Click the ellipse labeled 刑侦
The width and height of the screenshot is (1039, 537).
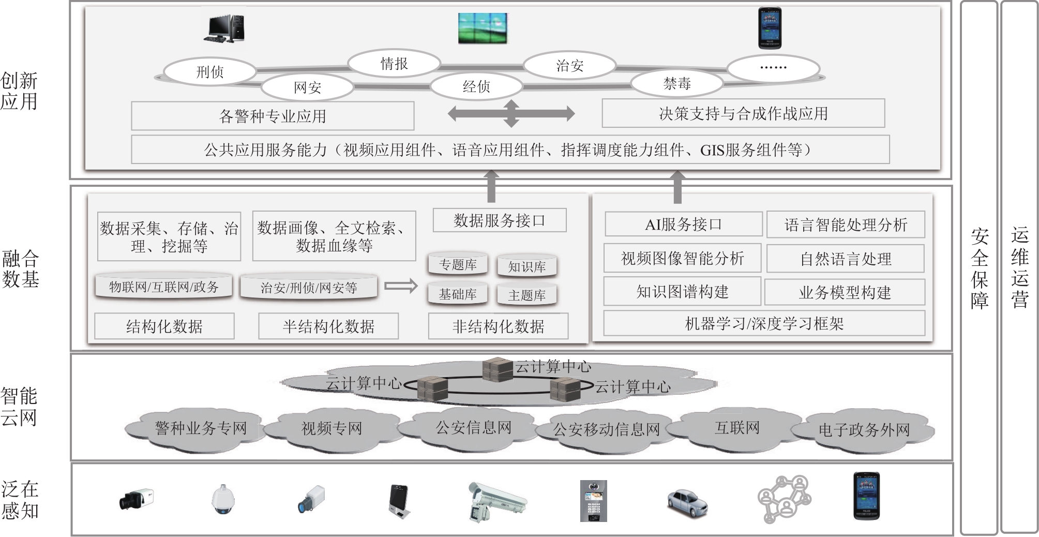(209, 72)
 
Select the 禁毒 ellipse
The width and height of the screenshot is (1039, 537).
(676, 83)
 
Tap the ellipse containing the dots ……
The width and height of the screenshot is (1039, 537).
(773, 68)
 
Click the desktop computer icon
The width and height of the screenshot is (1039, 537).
(224, 28)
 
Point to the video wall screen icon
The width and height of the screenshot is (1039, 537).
(483, 28)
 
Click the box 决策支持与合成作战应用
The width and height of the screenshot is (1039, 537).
(743, 113)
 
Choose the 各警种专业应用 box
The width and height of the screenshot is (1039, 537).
(273, 116)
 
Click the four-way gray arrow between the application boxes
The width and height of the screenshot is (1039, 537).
(511, 113)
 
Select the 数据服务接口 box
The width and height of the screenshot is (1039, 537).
(499, 220)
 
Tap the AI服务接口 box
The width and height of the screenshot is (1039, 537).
(683, 225)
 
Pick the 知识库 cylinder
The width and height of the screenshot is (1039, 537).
(526, 266)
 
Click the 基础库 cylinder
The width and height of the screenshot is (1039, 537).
(458, 294)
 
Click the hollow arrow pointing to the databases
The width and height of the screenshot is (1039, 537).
(401, 286)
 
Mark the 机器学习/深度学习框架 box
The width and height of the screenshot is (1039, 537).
(764, 324)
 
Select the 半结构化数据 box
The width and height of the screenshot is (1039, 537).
(328, 326)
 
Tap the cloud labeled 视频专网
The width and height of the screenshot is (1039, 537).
(332, 428)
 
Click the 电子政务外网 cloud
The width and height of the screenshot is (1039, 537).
(864, 430)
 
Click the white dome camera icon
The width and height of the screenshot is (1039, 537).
(223, 500)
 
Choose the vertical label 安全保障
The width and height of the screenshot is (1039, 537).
(979, 268)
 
